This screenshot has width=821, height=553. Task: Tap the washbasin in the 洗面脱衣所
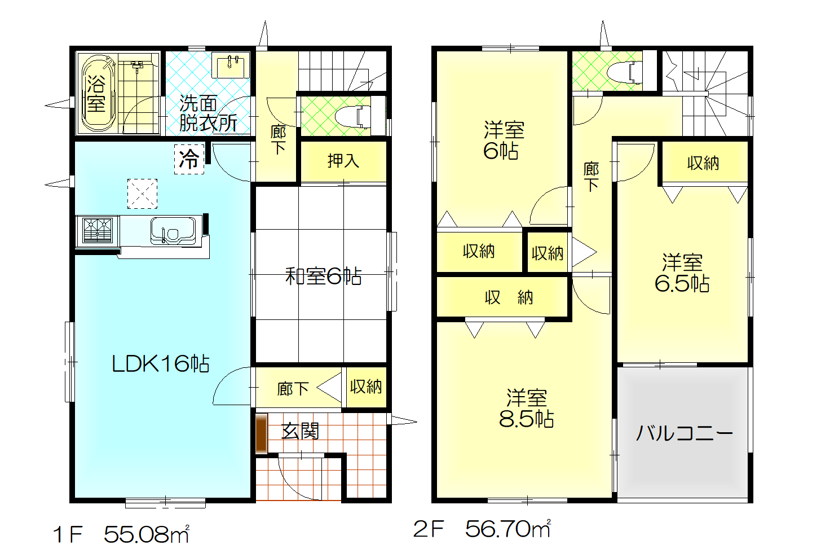coord(231,65)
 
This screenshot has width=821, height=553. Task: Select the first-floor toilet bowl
coord(352,117)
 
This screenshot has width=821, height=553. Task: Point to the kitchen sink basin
coord(173,231)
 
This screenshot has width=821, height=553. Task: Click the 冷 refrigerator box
coord(189,159)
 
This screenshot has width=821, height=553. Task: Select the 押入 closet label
coord(343,161)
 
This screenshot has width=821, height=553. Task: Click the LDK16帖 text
coord(160,364)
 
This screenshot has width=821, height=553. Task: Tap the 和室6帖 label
coord(323,276)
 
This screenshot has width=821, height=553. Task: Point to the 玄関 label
coord(300,431)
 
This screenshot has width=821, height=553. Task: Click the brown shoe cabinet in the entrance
coord(261,434)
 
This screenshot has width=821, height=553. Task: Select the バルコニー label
coord(684,433)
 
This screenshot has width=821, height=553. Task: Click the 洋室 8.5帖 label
coord(526,408)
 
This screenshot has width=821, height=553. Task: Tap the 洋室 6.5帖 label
coord(682,273)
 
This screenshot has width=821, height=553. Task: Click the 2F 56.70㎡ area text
coord(482,528)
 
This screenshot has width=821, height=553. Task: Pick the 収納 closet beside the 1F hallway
coord(366,387)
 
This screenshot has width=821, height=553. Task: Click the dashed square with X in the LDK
coord(142,194)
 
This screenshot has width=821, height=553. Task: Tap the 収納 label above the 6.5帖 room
coord(703,163)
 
